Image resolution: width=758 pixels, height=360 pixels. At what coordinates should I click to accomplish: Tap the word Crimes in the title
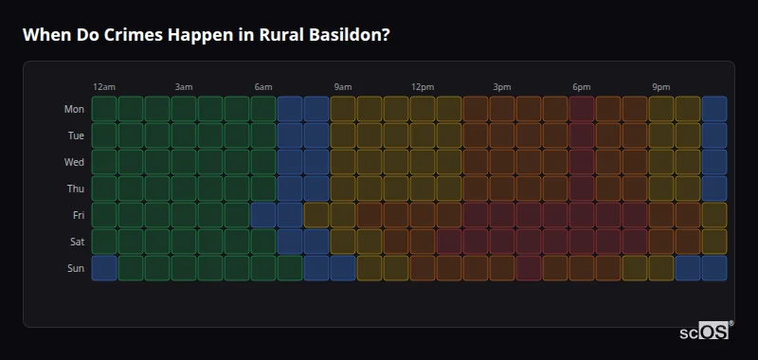coord(120,34)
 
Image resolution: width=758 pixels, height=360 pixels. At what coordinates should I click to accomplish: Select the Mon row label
coord(74,109)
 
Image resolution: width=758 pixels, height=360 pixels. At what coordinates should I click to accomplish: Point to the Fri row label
coord(78,215)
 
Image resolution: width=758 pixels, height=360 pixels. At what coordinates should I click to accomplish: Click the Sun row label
coord(76,268)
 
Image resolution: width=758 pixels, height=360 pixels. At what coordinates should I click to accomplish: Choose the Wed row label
coord(74,162)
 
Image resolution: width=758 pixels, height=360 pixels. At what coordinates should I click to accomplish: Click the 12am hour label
coord(104,87)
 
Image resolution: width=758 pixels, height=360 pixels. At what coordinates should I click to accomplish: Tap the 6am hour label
coord(263,87)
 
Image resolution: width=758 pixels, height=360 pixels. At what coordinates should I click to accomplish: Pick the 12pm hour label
coord(423,87)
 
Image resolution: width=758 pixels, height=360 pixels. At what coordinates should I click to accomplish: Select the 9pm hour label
coord(661,87)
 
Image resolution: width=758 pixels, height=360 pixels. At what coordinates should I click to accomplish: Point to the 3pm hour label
coord(502,87)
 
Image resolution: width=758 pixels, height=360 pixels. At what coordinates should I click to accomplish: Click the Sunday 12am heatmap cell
coord(104,268)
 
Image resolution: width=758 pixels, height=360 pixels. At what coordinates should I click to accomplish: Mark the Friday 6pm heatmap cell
coord(582,215)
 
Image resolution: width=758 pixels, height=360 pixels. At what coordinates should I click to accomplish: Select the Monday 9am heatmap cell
coord(343,109)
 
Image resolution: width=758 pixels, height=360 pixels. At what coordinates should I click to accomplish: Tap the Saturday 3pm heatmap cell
coord(502,242)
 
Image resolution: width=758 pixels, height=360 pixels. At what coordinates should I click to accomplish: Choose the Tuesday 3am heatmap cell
coord(184,135)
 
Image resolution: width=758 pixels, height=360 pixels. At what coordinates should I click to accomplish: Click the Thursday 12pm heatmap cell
coord(423,189)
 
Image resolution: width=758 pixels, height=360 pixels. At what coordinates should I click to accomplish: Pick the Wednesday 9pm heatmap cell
coord(661,162)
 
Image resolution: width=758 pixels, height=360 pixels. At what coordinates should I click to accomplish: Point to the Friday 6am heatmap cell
coord(263,215)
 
